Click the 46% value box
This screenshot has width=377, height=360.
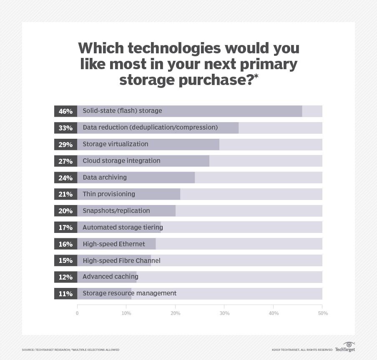65,111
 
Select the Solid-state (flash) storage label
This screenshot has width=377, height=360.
122,111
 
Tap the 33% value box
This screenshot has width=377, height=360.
65,128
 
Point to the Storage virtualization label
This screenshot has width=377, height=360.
115,144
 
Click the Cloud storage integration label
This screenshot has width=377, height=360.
121,161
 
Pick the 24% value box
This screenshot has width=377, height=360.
65,177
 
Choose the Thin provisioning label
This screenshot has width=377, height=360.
108,194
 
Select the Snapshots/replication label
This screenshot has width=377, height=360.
116,211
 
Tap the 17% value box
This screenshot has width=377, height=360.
65,227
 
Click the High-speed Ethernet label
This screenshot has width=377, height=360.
113,244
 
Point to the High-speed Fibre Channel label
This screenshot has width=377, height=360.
121,261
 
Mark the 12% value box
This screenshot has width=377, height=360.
65,277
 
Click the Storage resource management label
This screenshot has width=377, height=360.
129,293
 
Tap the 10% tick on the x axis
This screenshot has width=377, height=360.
126,313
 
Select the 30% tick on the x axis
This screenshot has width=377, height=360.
224,313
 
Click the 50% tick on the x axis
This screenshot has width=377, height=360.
323,313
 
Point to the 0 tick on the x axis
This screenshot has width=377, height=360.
77,313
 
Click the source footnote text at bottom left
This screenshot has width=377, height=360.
70,350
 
